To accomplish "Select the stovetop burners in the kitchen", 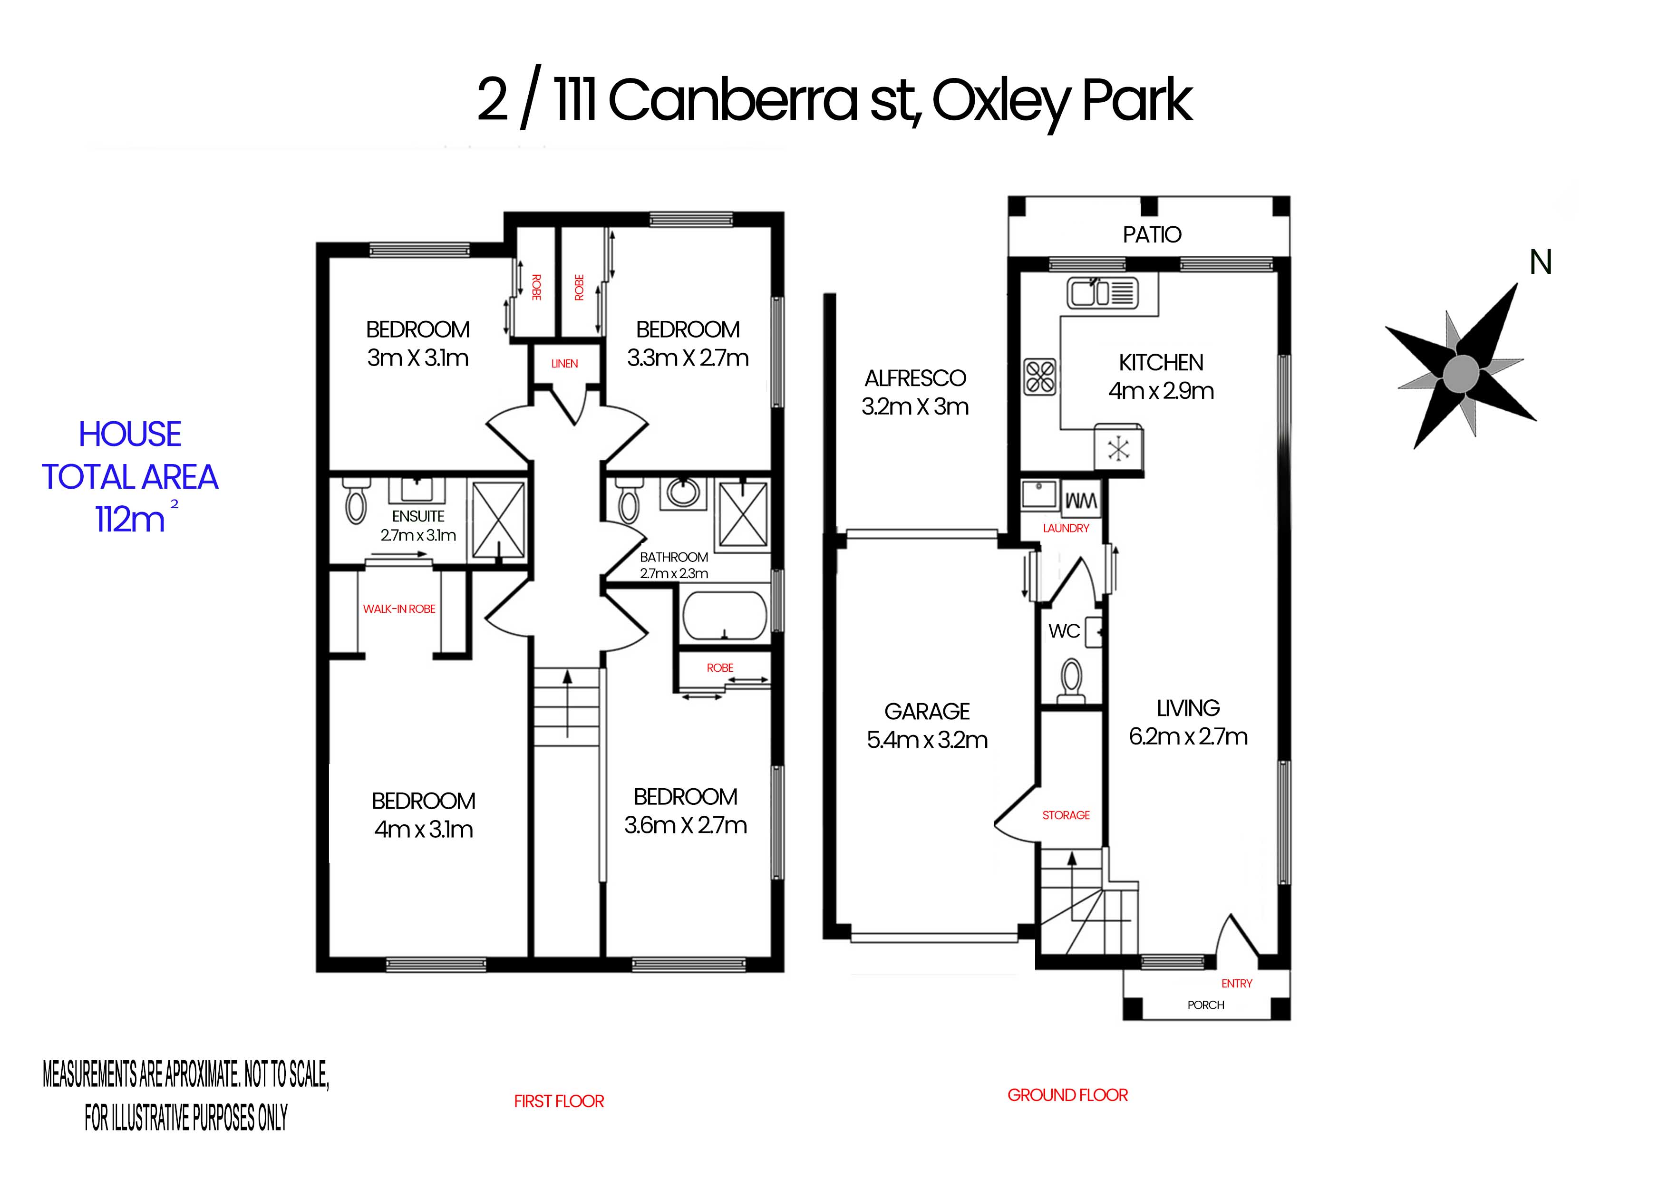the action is (1039, 377).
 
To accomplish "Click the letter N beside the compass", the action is (1541, 262).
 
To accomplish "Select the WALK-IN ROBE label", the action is (399, 609).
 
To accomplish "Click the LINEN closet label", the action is (564, 363).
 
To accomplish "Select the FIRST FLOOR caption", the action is (559, 1102).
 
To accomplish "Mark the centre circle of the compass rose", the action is (1460, 373).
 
